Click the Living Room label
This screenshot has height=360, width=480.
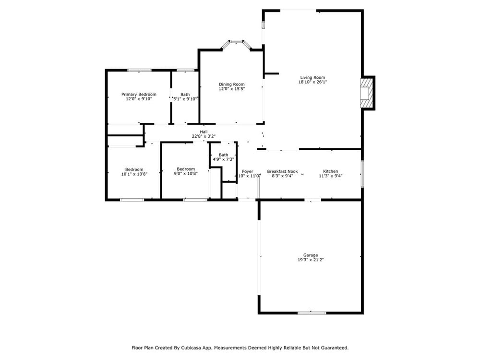[x=312, y=77]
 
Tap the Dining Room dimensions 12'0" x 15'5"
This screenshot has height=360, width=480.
[x=232, y=89]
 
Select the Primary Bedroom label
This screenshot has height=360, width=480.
[x=139, y=94]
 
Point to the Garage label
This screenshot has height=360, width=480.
[x=311, y=255]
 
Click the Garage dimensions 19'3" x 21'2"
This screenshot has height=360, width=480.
[x=311, y=260]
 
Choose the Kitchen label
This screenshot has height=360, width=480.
[x=331, y=171]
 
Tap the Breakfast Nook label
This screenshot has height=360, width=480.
[x=282, y=171]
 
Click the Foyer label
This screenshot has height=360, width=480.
[x=248, y=171]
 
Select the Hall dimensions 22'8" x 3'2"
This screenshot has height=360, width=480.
[x=204, y=136]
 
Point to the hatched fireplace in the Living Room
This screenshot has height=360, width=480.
[x=367, y=93]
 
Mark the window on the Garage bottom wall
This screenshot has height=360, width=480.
[x=312, y=312]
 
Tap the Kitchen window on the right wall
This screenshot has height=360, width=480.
[x=362, y=174]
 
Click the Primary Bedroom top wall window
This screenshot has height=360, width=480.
[x=139, y=70]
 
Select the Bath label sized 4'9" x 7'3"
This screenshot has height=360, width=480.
[x=224, y=155]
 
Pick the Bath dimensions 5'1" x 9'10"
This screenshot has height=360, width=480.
[x=185, y=99]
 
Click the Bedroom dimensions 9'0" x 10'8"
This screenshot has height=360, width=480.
[x=186, y=173]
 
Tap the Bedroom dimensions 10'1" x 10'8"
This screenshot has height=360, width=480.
[x=134, y=174]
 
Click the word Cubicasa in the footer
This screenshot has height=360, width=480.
[x=191, y=348]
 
